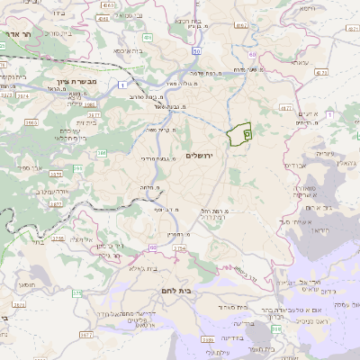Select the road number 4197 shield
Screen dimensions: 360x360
(x=239, y=26)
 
